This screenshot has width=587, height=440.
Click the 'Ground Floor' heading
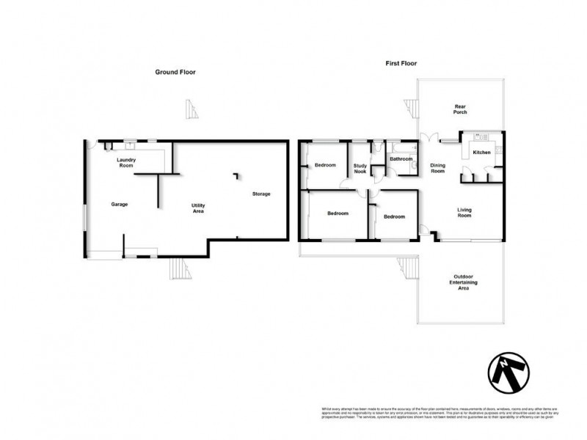[175, 72]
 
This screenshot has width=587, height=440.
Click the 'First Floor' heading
[401, 64]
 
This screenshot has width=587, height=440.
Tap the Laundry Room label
[128, 163]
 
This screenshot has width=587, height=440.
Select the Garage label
[120, 204]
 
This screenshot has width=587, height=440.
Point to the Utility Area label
[197, 208]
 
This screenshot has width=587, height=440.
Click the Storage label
[261, 194]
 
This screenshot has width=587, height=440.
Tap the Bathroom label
[401, 158]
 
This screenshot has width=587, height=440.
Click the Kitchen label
[481, 153]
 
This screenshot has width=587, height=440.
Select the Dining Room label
[437, 168]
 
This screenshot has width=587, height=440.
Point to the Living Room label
[464, 213]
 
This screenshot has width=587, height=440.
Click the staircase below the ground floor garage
[179, 271]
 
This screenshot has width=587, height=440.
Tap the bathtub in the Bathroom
[401, 147]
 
